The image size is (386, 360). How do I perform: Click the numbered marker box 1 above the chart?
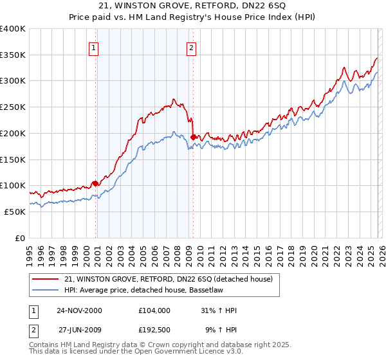pyautogui.click(x=94, y=47)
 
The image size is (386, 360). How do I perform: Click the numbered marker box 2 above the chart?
pyautogui.click(x=192, y=47)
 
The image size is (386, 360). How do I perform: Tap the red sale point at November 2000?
pyautogui.click(x=96, y=183)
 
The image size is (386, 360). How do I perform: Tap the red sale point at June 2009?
pyautogui.click(x=193, y=136)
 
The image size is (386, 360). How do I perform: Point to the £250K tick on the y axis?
pyautogui.click(x=14, y=107)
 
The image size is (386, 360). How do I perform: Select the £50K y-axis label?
pyautogui.click(x=15, y=212)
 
